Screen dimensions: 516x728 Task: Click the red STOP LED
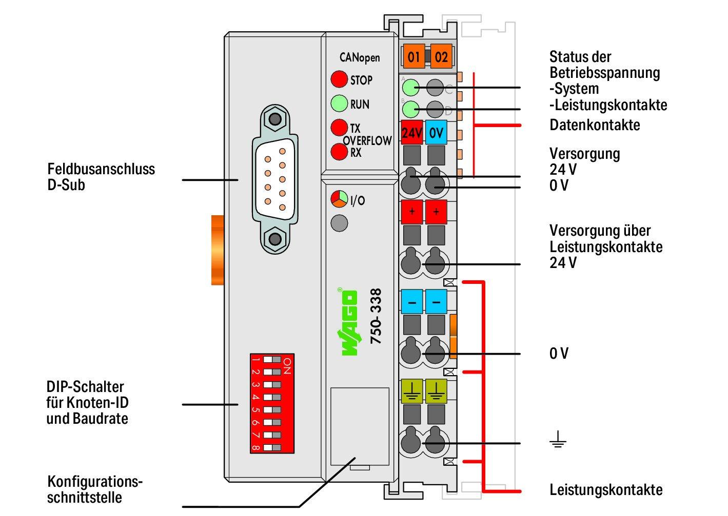pos(339,79)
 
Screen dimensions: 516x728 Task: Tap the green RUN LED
pos(339,104)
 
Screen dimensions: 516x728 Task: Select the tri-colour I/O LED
pos(339,199)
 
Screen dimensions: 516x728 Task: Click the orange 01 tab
pos(414,56)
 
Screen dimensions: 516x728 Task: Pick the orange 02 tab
pos(441,56)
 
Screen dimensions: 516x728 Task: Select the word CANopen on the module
pos(360,57)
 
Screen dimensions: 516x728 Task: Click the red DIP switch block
pos(271,403)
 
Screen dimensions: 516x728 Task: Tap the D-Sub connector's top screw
pos(276,120)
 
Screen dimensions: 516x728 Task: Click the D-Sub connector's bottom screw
pos(276,238)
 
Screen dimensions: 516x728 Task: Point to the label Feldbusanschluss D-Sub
pos(101,177)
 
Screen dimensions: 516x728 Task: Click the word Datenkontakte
pos(595,125)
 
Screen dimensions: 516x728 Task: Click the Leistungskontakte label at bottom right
pos(606,490)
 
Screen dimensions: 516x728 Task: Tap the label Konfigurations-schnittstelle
pos(95,489)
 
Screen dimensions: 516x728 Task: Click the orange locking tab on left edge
pos(217,250)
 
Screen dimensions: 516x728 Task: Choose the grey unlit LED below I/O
pos(339,223)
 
